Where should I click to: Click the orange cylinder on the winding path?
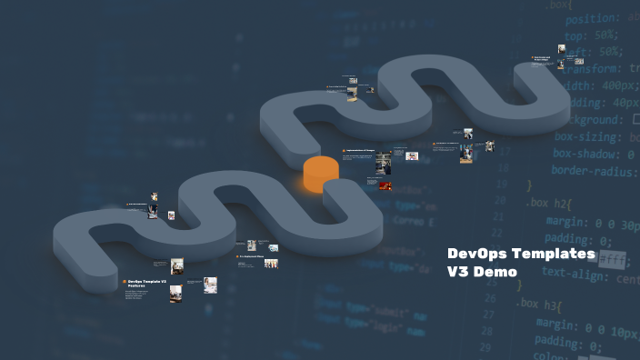[321, 174]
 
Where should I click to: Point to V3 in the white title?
[460, 271]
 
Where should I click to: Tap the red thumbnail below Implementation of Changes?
[385, 185]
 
